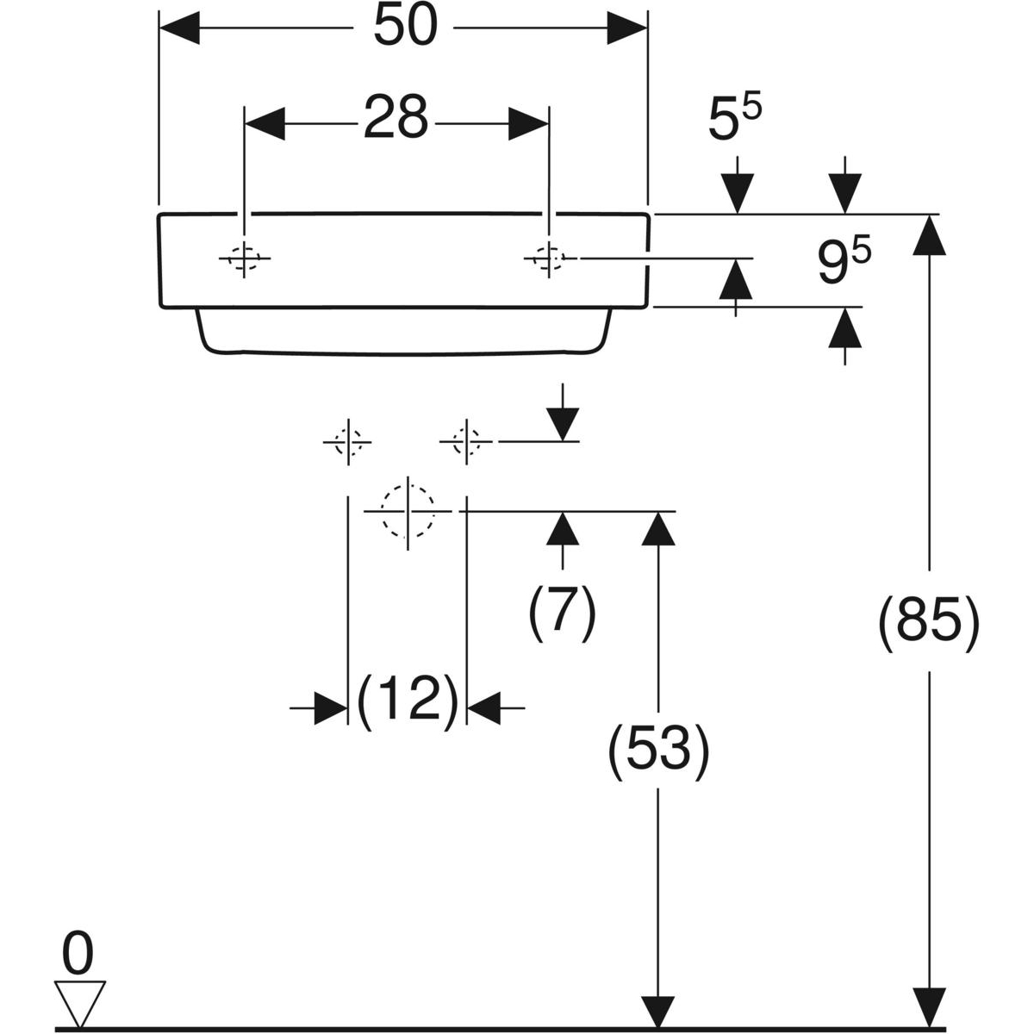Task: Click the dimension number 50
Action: click(404, 28)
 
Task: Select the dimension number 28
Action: click(395, 118)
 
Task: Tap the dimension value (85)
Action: click(928, 620)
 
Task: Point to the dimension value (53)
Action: click(659, 750)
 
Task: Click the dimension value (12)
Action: click(407, 700)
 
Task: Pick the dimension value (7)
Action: click(562, 612)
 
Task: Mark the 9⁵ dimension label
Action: click(844, 262)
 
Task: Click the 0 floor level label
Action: click(78, 957)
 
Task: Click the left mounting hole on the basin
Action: click(245, 258)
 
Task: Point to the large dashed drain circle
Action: click(408, 511)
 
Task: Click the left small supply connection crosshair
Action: click(347, 442)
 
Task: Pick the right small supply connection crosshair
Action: click(466, 442)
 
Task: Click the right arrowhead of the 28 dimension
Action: click(528, 123)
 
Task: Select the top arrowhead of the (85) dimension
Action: click(928, 234)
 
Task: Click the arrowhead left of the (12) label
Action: click(330, 708)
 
